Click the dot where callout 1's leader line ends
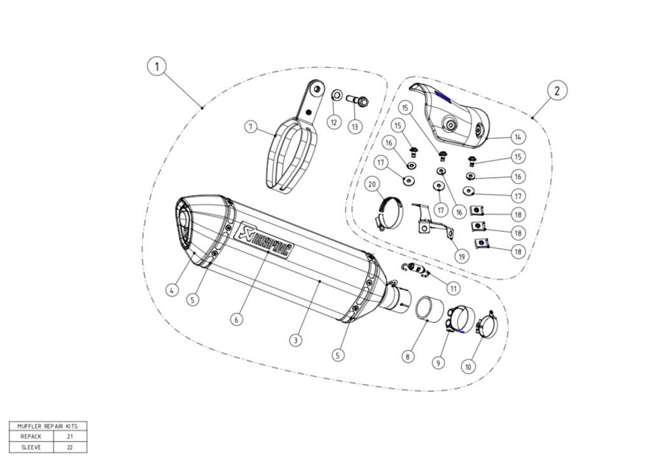[202, 108]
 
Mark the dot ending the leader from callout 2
[533, 118]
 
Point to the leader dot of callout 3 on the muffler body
[320, 281]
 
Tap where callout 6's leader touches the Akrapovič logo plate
[269, 251]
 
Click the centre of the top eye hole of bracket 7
[317, 89]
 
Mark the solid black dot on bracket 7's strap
[308, 112]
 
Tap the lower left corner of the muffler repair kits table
[10, 452]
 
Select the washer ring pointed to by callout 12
[337, 96]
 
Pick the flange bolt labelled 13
[358, 101]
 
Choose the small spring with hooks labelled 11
[416, 270]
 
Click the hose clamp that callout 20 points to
[390, 213]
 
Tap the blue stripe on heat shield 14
[444, 97]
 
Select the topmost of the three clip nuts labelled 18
[477, 211]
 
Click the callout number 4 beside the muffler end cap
[172, 290]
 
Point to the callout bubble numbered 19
[462, 257]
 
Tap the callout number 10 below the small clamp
[468, 366]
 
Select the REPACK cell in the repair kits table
[31, 437]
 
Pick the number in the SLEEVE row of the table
[70, 447]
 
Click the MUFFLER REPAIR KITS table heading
[48, 426]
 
